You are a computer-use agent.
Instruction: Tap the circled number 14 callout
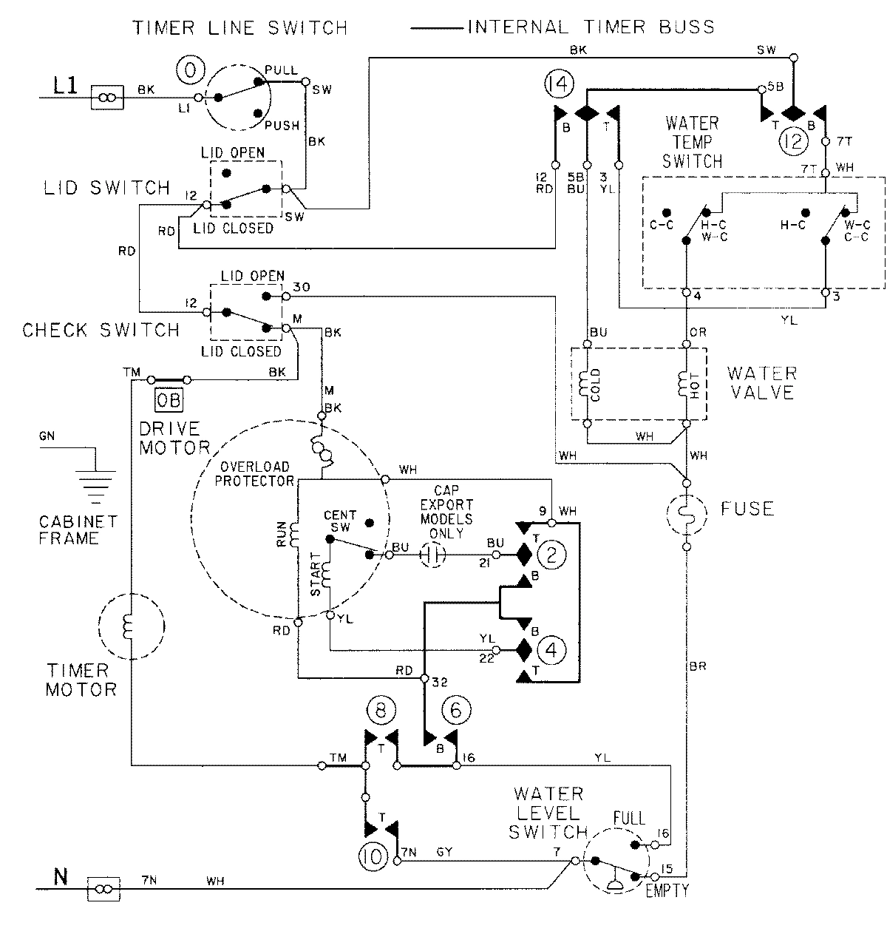pos(558,85)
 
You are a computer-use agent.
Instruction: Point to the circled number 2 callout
pos(551,552)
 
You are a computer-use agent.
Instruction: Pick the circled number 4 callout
pos(551,650)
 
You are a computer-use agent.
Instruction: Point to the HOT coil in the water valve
pos(685,385)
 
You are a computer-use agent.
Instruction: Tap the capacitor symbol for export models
pos(432,555)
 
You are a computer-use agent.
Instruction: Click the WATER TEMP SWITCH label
pos(693,141)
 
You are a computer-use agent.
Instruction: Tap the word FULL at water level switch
pos(628,819)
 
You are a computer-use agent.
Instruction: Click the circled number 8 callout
pos(378,709)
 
